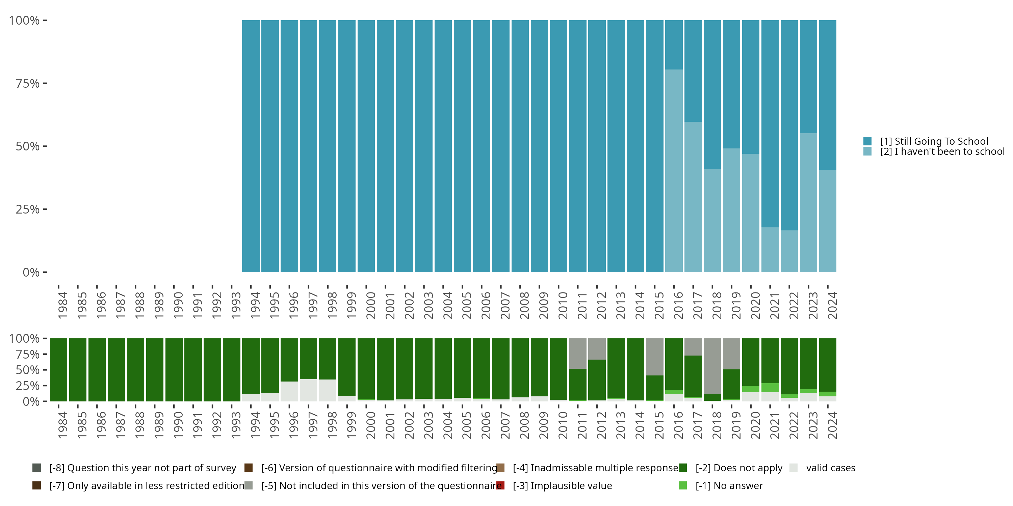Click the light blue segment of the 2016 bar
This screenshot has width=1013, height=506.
[674, 171]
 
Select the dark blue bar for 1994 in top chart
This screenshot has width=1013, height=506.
[251, 146]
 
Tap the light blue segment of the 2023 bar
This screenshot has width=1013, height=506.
[808, 202]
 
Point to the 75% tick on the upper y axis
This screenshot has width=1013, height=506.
[28, 83]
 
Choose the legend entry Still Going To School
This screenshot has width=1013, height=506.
[934, 141]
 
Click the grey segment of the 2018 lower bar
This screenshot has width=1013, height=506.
[712, 366]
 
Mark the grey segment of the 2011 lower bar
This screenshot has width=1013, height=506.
[578, 353]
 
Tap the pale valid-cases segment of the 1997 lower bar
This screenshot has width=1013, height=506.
[308, 390]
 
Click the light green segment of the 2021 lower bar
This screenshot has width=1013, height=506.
[770, 388]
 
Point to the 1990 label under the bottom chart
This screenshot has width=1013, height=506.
[178, 425]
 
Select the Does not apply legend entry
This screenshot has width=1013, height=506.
[738, 468]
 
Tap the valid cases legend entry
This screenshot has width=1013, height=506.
[830, 468]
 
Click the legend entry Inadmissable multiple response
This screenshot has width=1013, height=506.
[595, 468]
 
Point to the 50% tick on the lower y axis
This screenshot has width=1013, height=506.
[28, 370]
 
